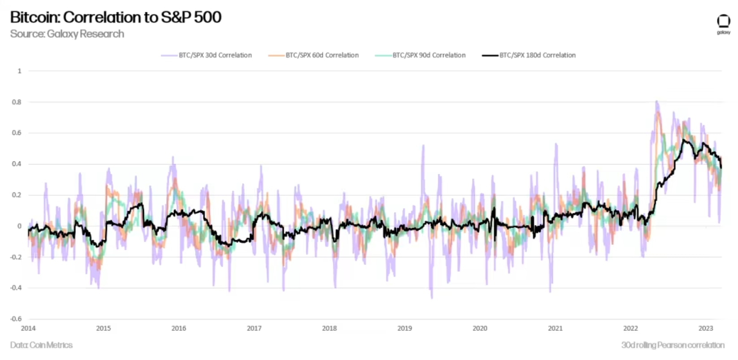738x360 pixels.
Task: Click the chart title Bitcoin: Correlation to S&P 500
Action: coord(116,17)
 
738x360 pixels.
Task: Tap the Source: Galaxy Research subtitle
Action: coord(67,34)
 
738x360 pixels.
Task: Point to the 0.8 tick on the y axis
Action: coord(17,102)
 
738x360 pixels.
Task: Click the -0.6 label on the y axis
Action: coord(16,319)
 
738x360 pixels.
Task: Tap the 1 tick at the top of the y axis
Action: coord(19,71)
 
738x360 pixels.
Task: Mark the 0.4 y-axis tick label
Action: coord(17,164)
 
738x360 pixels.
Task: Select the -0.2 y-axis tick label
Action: coord(16,257)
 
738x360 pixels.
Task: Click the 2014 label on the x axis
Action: coord(28,328)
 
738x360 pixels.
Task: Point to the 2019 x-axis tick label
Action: coord(404,328)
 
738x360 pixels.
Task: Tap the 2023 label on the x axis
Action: coord(706,328)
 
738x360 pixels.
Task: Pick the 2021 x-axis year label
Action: coord(555,328)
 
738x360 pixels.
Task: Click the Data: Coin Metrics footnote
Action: coord(41,345)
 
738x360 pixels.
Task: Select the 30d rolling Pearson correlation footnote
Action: coord(673,345)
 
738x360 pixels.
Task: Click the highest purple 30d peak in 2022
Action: coord(657,102)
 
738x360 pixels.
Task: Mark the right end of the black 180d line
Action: coord(721,168)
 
